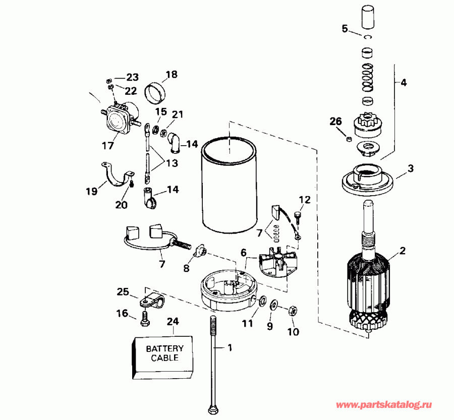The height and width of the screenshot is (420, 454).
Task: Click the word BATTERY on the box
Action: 164,348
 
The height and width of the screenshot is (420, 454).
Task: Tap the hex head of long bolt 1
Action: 213,406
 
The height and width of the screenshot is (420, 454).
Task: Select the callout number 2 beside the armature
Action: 402,250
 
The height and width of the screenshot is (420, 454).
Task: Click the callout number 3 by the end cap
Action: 411,168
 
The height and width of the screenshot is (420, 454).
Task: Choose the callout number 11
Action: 246,324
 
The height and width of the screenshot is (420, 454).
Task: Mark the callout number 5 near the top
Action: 345,28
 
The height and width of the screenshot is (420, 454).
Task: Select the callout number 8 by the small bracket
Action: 186,269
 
